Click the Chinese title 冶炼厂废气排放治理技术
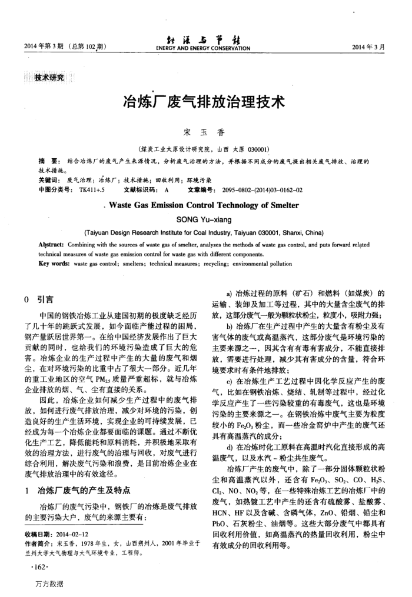tap(202, 102)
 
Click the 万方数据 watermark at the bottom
tap(48, 583)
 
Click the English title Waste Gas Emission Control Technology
tap(204, 206)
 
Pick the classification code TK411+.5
tap(91, 191)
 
